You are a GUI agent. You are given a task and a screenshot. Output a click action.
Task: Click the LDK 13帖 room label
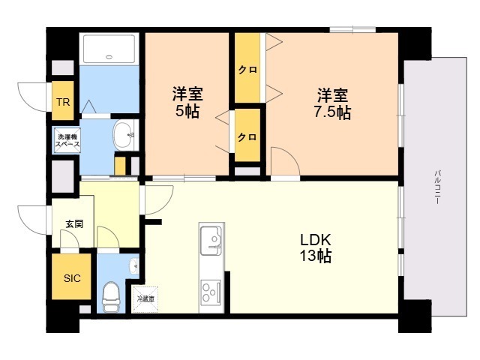[315, 247]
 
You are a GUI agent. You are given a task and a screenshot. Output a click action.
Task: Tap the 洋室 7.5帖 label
[332, 103]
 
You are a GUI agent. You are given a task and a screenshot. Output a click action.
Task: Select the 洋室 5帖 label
[187, 102]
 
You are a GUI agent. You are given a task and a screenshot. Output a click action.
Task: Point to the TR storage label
[63, 102]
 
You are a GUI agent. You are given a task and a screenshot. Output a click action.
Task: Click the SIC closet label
[72, 278]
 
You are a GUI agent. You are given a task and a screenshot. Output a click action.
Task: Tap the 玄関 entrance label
[74, 223]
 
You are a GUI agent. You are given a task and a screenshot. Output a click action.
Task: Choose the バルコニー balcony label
[438, 187]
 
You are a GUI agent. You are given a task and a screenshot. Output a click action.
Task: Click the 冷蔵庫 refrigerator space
[145, 299]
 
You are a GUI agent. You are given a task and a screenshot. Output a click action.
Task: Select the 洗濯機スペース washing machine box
[67, 140]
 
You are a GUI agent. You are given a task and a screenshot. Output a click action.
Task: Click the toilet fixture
[110, 295]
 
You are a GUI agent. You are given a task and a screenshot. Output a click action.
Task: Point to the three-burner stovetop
[211, 292]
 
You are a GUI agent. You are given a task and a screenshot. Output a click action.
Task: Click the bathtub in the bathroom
[109, 49]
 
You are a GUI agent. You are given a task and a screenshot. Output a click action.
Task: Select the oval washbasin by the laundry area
[124, 136]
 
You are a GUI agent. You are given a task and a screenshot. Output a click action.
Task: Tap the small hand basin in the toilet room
[134, 265]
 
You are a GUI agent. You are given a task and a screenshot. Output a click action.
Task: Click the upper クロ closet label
[247, 70]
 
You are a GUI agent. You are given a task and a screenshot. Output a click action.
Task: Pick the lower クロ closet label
[247, 136]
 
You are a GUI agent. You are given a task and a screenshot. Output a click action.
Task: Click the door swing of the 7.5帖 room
[285, 161]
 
